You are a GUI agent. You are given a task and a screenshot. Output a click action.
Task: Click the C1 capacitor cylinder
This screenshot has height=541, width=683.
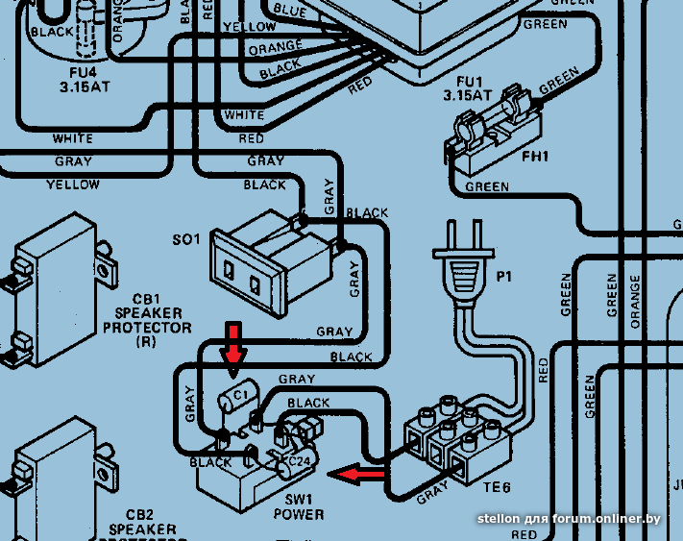(233, 397)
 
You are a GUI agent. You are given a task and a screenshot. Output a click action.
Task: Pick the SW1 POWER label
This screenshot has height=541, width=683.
(299, 507)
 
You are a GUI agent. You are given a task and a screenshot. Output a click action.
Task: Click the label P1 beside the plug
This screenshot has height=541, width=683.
(504, 277)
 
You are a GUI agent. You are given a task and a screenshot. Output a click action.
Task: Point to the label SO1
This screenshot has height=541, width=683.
(184, 238)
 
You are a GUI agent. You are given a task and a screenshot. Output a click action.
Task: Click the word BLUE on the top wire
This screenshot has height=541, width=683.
(290, 10)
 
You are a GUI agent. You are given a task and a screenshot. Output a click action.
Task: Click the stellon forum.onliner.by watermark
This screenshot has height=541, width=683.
(569, 519)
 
